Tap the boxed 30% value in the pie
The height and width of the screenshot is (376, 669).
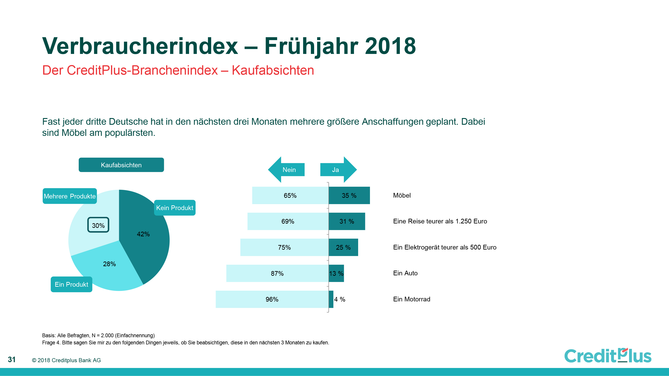tap(98, 225)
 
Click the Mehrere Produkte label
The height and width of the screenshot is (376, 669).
tap(70, 196)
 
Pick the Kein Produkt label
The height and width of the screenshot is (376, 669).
tap(175, 208)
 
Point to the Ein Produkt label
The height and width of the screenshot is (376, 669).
tap(71, 284)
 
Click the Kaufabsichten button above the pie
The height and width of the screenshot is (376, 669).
tap(121, 165)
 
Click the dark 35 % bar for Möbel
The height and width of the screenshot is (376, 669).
tap(349, 195)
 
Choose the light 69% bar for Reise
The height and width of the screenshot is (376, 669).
tap(288, 221)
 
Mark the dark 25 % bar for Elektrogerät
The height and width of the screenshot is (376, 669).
tap(343, 247)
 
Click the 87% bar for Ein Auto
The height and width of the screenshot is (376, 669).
tap(277, 273)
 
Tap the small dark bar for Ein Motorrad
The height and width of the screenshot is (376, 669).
tap(331, 299)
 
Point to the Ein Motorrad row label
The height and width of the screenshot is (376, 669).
tap(412, 299)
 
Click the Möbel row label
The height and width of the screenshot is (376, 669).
tap(402, 195)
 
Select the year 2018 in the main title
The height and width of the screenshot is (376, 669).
tap(390, 46)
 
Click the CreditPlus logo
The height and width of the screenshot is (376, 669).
tap(608, 356)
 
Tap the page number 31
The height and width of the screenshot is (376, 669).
tap(12, 360)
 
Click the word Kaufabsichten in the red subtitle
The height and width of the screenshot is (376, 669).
tap(273, 70)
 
